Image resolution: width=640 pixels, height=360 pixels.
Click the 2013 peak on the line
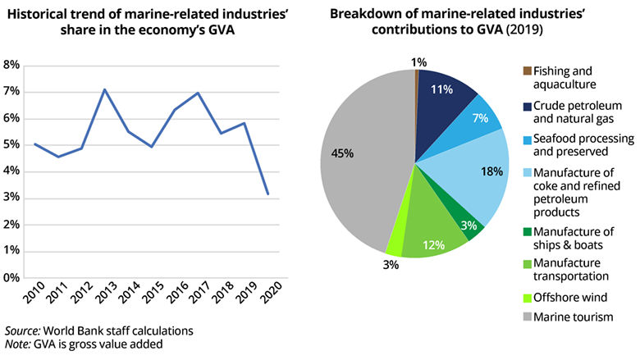point(104,89)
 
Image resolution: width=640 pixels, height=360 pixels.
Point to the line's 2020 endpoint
point(267,194)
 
